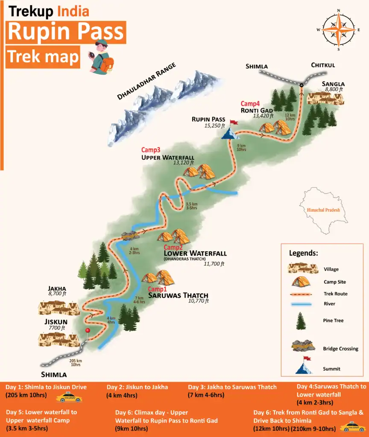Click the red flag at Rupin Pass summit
[x=233, y=123]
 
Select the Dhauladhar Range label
[x=147, y=82]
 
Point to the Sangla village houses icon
[x=326, y=99]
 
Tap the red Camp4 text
[x=250, y=103]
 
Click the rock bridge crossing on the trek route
[x=130, y=235]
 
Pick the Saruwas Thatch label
[x=178, y=295]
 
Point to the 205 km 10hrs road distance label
[x=75, y=362]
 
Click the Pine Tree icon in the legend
[x=301, y=320]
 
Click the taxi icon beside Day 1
[x=69, y=398]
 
